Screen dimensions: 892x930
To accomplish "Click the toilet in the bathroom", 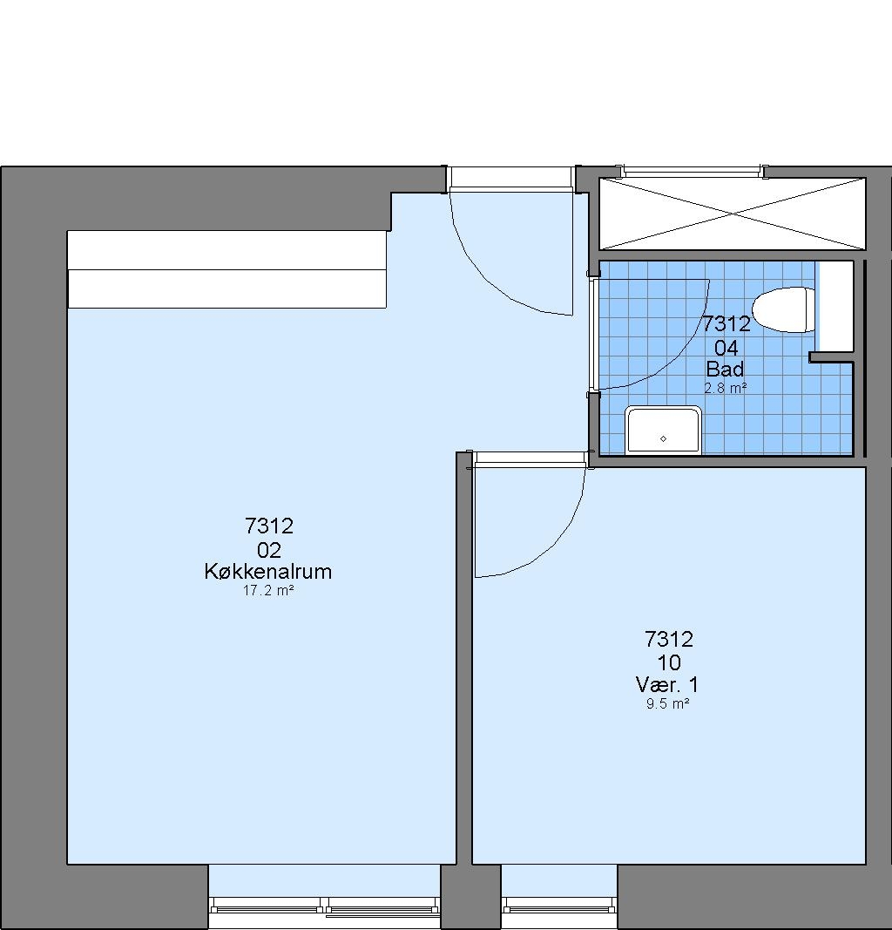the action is tap(783, 309).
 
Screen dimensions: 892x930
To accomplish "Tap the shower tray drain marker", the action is tap(663, 439).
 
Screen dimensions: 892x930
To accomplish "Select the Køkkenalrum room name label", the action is tap(268, 571).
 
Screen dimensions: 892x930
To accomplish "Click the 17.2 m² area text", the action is tap(268, 591).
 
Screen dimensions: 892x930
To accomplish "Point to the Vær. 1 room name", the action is tap(667, 685).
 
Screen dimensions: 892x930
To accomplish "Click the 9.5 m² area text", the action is tap(667, 704).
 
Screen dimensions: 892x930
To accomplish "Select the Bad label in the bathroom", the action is tap(725, 370).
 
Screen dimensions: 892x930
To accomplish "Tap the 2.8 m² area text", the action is tap(725, 389).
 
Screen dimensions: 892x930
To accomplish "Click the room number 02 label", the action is tap(269, 550).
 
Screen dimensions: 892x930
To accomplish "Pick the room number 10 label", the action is tap(668, 662).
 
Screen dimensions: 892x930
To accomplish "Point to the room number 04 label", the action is tap(726, 347).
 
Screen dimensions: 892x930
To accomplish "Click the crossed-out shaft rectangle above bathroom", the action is tap(733, 214).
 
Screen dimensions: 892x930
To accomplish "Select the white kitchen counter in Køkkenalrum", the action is tap(227, 269).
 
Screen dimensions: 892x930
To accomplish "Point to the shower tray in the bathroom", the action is tap(663, 430).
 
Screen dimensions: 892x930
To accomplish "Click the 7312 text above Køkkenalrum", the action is tap(269, 526).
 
